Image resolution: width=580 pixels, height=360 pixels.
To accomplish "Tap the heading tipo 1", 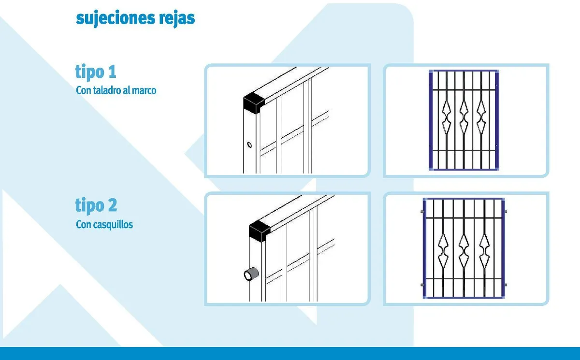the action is (x=96, y=72).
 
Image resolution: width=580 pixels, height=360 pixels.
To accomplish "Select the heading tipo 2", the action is (x=96, y=205).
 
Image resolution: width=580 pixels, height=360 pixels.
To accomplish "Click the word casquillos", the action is (x=113, y=224).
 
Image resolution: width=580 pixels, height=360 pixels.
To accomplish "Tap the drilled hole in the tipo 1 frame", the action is (x=249, y=144).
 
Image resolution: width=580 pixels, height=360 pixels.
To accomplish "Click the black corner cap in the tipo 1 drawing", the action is (x=254, y=103).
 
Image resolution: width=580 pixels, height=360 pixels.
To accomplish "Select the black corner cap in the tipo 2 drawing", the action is (x=260, y=231).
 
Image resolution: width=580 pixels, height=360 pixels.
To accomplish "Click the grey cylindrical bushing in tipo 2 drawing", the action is (x=251, y=274).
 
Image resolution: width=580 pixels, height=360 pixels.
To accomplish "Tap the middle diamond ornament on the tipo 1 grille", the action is (x=464, y=117).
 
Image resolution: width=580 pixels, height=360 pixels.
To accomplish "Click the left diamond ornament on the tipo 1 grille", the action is (x=447, y=117).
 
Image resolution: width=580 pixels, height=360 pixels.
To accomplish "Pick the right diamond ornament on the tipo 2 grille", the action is (x=484, y=251).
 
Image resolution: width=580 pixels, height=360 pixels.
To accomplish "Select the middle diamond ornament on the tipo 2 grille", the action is (x=464, y=251).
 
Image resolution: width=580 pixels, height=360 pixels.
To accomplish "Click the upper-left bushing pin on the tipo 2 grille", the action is (x=422, y=212).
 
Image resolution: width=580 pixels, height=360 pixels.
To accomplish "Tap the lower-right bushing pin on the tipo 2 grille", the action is (x=505, y=285).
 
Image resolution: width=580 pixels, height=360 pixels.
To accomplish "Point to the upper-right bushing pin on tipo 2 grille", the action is (x=505, y=212).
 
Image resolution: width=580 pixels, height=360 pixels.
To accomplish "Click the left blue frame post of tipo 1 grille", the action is (x=431, y=120).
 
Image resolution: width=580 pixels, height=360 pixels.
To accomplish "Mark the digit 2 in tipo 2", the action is (x=112, y=205).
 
